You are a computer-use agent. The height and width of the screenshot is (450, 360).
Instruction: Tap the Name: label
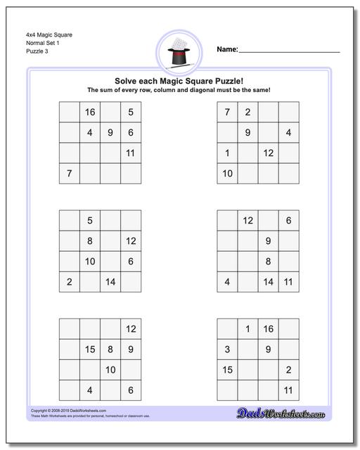(227, 50)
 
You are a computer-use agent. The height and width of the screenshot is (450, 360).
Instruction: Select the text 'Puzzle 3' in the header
(40, 52)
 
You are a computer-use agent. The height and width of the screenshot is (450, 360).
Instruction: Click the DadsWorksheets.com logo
(290, 412)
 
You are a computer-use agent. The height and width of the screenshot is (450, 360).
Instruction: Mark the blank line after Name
(289, 51)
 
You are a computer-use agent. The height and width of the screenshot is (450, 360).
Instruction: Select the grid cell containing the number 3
(227, 349)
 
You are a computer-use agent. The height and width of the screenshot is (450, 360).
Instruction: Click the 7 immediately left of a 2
(227, 112)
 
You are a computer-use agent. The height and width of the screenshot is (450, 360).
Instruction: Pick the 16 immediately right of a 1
(268, 329)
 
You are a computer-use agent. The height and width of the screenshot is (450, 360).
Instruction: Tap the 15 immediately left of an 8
(89, 349)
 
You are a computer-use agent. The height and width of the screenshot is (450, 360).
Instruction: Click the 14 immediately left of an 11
(268, 282)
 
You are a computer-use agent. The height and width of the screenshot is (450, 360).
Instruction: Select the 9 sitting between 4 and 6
(110, 132)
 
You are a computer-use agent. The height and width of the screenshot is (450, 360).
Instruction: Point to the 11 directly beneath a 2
(288, 390)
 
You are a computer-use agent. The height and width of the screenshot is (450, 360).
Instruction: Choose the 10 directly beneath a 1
(227, 173)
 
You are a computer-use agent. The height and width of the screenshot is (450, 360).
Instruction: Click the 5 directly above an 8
(89, 221)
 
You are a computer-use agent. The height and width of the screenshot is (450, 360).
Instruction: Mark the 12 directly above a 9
(247, 221)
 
